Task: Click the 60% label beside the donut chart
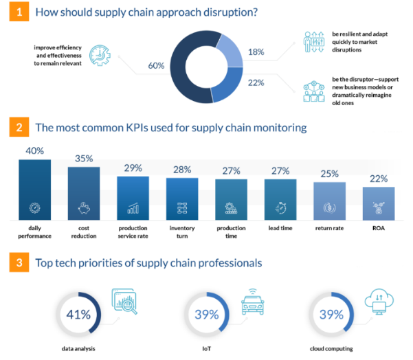point(156,65)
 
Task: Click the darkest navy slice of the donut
point(189,69)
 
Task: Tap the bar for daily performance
point(34,189)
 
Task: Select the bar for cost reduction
point(84,192)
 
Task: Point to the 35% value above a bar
point(84,159)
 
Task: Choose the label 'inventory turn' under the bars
point(182,232)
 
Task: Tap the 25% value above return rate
point(329,175)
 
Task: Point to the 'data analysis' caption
point(77,348)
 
